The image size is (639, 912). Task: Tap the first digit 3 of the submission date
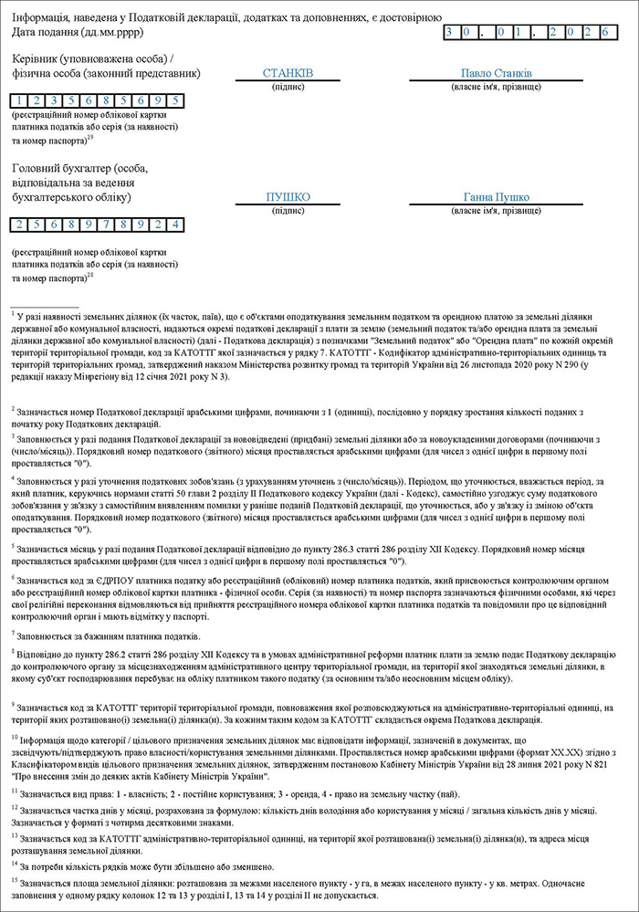pos(451,32)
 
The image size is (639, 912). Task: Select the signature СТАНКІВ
pos(288,73)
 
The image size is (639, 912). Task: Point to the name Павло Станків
pos(497,73)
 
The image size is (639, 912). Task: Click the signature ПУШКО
pos(288,197)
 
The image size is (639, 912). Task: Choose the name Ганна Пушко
pos(497,197)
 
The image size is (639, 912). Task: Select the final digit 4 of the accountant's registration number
pos(174,225)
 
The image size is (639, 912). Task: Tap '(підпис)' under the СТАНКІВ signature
pos(288,87)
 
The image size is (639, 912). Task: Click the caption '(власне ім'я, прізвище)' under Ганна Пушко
pos(497,211)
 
